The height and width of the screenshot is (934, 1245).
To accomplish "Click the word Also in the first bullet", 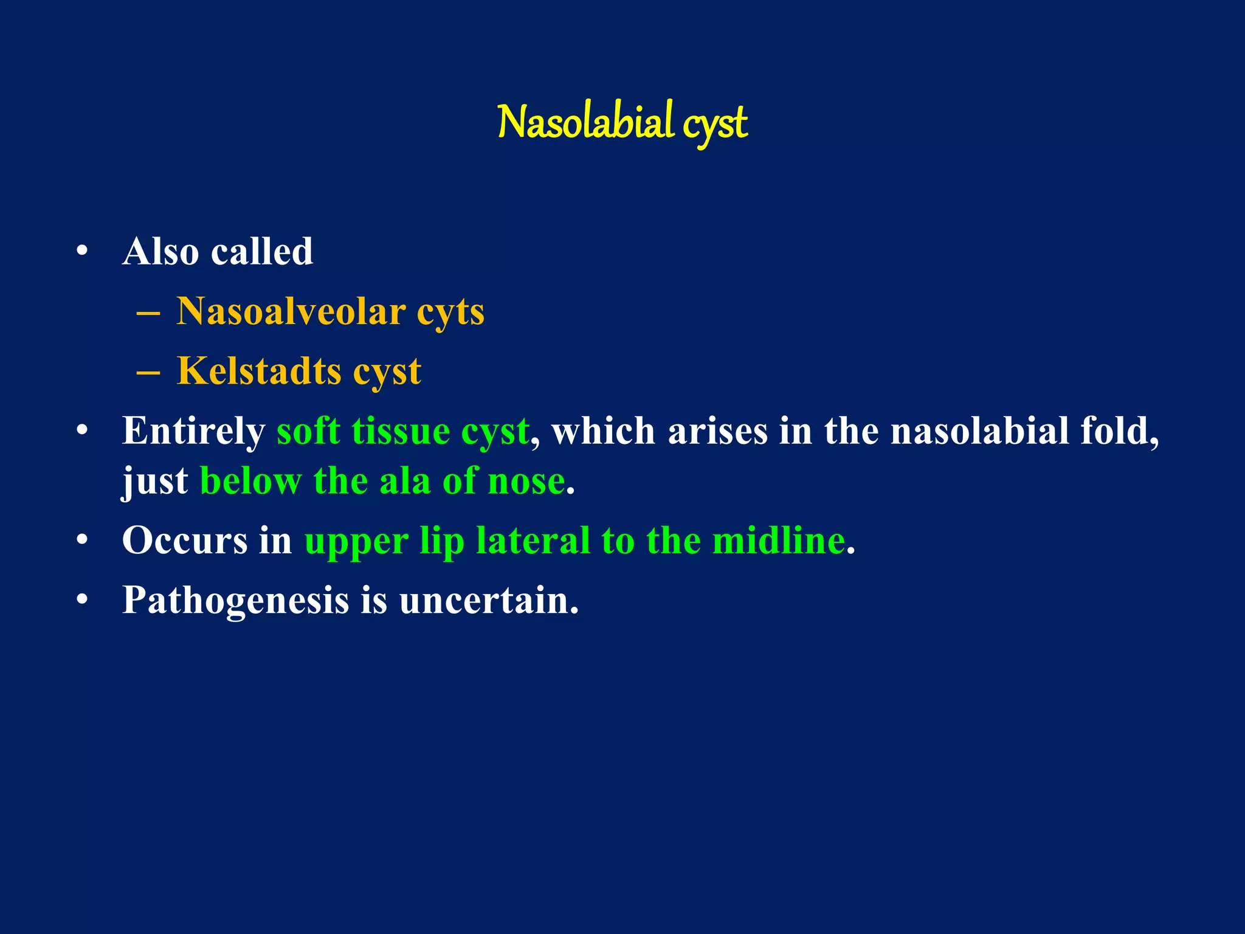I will pyautogui.click(x=160, y=251).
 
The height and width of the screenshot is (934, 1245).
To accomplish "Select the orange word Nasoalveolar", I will pyautogui.click(x=291, y=311).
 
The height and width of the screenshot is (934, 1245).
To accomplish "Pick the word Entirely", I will pyautogui.click(x=193, y=431).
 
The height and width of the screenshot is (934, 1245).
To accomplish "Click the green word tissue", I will pyautogui.click(x=401, y=431).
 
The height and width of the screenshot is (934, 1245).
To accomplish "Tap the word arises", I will pyautogui.click(x=717, y=431).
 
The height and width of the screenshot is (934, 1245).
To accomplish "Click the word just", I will pyautogui.click(x=155, y=482).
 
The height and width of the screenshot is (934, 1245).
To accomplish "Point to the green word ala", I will pyautogui.click(x=404, y=481).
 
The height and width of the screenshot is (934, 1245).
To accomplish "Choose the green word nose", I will pyautogui.click(x=526, y=481).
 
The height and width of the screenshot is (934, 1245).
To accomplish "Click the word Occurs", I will pyautogui.click(x=185, y=540).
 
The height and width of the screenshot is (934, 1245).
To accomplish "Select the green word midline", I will pyautogui.click(x=778, y=540).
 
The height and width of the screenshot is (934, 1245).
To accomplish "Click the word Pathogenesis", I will pyautogui.click(x=235, y=600).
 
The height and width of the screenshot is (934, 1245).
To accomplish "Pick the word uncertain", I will pyautogui.click(x=489, y=600).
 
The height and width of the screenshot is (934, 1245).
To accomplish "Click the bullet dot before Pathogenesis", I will pyautogui.click(x=83, y=600).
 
